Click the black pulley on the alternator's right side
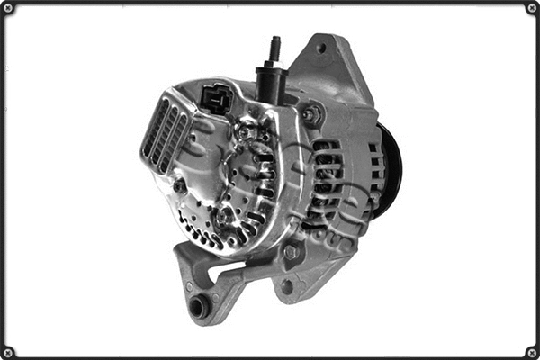coord(390,172)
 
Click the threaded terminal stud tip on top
coord(274,43)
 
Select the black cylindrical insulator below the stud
coord(271,84)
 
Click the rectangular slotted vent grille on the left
coord(166,136)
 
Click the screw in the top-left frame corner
coord(8,8)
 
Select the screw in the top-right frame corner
coord(532,8)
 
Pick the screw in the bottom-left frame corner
coord(8,352)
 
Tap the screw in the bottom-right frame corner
coord(532,352)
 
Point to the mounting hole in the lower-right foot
coord(287,287)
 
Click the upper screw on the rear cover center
coord(246,133)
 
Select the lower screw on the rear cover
coord(222,217)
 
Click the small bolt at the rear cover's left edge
coord(180,186)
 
